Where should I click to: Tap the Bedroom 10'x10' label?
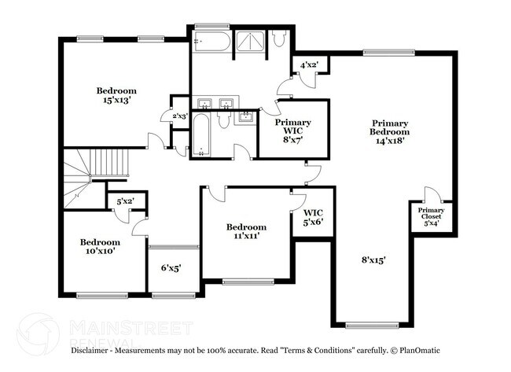point(100,247)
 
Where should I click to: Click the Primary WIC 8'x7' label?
point(292,128)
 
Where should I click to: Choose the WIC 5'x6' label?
point(313,217)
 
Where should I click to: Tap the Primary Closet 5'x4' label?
point(431,216)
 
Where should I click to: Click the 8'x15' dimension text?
point(374,260)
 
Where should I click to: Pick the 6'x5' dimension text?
point(171,268)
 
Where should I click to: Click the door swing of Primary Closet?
point(431,194)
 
